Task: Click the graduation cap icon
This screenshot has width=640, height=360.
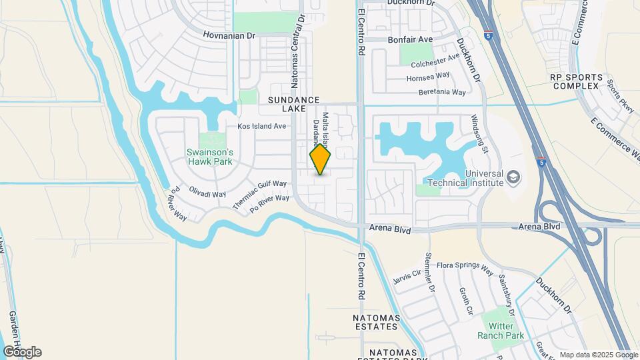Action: click(513, 177)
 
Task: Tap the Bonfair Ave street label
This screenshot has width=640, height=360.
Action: click(410, 40)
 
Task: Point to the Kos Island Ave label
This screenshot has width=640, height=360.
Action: click(262, 126)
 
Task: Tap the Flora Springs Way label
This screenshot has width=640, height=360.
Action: click(465, 266)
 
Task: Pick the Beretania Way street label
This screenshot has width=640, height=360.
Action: click(442, 92)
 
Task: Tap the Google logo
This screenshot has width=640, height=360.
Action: click(22, 352)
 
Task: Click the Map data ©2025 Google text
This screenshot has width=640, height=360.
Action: click(598, 355)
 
